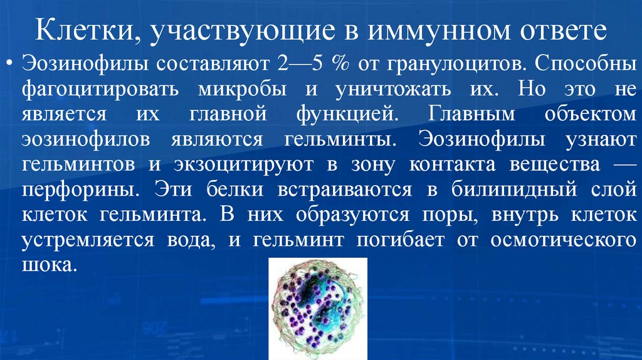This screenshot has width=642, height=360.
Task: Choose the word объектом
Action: [x=581, y=114]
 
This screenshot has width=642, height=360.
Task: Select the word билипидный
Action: [x=497, y=188]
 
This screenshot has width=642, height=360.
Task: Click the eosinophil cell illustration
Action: [x=317, y=309]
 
